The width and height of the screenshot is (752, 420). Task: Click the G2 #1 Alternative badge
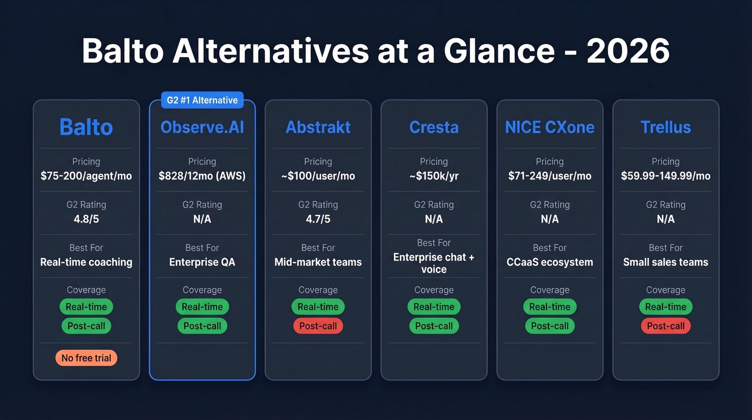(x=202, y=100)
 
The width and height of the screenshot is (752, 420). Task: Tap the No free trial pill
(x=86, y=358)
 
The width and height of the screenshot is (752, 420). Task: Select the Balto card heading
(x=86, y=127)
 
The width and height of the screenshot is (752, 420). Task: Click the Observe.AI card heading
(x=202, y=127)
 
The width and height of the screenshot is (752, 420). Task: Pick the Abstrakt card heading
(x=318, y=127)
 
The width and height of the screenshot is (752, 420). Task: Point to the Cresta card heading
(x=433, y=127)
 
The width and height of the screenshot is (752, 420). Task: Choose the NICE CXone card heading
(x=549, y=127)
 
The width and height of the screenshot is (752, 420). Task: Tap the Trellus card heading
(x=666, y=127)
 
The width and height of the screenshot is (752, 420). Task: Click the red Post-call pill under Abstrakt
(x=318, y=326)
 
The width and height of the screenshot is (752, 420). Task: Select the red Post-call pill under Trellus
(x=666, y=326)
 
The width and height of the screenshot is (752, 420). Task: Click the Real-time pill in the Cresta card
(x=433, y=307)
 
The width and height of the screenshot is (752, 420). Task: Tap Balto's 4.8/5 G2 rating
(x=86, y=219)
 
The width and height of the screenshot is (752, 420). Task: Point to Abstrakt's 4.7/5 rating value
(x=318, y=219)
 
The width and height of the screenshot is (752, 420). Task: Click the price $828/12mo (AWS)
(x=202, y=176)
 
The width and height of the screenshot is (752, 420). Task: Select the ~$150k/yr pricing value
(x=433, y=176)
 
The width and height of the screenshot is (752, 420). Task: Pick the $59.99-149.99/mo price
(x=666, y=176)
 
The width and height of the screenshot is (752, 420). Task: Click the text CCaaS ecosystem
(x=549, y=262)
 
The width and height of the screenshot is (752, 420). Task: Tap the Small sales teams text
(x=666, y=262)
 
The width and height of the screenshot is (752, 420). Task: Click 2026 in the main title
(x=628, y=52)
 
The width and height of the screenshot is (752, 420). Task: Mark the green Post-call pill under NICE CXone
(x=549, y=326)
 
